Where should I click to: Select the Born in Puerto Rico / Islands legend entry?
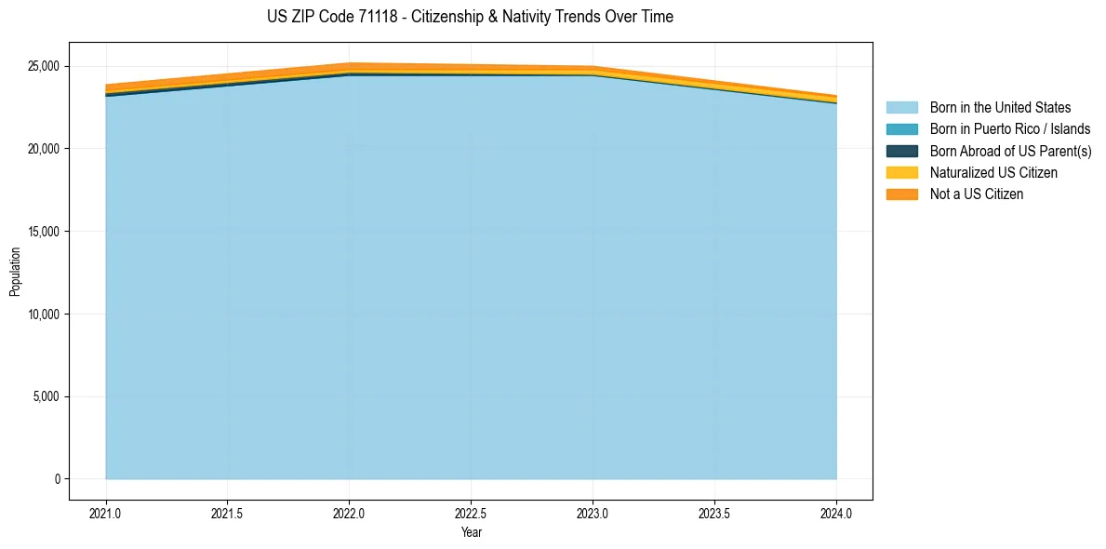(x=1010, y=129)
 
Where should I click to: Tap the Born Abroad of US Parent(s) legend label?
(x=1010, y=151)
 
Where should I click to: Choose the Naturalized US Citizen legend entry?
(x=993, y=172)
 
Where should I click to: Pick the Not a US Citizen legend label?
(x=977, y=194)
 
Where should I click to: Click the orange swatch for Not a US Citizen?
(x=901, y=194)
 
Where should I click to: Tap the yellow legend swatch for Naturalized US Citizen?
(x=901, y=172)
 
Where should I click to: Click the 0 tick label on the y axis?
(x=58, y=479)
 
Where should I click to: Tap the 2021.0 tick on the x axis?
(x=106, y=513)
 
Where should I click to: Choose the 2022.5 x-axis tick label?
(x=471, y=513)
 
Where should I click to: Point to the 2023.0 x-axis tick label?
(x=593, y=513)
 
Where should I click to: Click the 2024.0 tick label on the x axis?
(x=836, y=513)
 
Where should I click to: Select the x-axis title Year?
(x=471, y=532)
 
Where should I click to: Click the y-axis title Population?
(x=15, y=272)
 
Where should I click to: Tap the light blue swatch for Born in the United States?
(x=901, y=108)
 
